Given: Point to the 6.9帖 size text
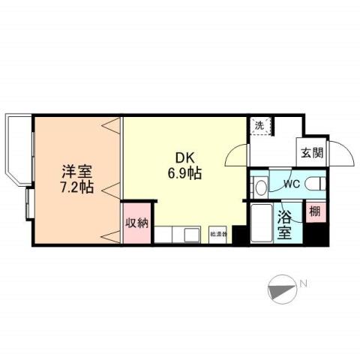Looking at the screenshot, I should point(184,173).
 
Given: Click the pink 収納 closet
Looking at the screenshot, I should point(136,223).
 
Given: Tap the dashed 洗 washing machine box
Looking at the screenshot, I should point(259,126).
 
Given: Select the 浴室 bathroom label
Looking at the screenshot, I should point(286,224).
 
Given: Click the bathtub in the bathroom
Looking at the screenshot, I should point(261,223).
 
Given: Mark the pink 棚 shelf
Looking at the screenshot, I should point(314,212).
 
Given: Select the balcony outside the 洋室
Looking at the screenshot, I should point(18,150).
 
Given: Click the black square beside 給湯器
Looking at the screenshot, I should point(237,235).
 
